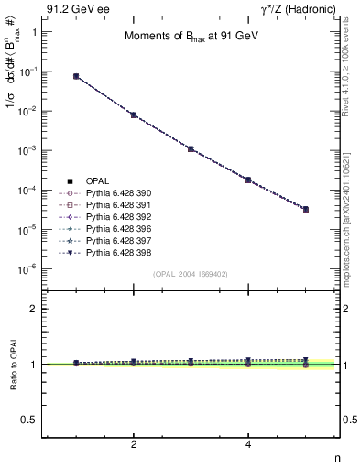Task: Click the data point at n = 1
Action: pos(76,76)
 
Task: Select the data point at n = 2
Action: pos(134,115)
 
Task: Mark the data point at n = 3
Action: pos(191,148)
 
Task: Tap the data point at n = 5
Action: pos(305,209)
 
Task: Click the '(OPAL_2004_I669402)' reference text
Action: pos(191,274)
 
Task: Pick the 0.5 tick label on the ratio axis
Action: pos(27,420)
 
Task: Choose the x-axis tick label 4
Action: pos(248,443)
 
